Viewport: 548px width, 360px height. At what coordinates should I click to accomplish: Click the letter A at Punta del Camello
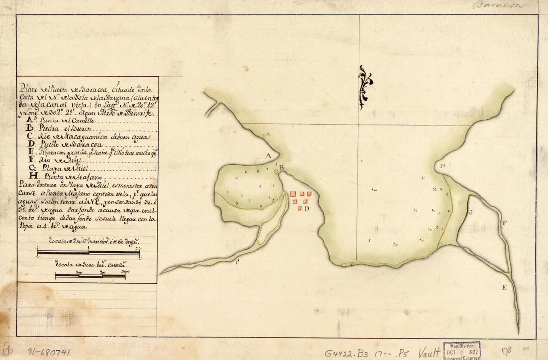268,156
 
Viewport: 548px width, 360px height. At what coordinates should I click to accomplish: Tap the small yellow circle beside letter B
276,172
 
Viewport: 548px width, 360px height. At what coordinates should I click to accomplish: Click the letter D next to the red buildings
306,209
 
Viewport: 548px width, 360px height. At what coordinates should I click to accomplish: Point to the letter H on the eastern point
442,165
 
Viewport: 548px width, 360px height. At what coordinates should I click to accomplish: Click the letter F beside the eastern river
504,223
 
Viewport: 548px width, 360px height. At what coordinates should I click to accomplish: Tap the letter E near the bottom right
504,287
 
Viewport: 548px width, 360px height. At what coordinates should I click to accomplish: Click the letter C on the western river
238,262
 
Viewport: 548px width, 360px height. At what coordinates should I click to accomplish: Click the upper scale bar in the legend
89,253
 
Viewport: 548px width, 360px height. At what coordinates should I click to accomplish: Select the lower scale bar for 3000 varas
90,276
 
